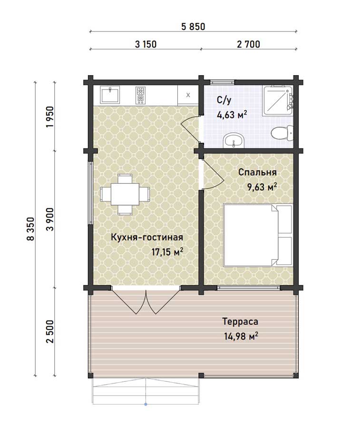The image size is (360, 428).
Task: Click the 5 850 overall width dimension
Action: tap(193, 27)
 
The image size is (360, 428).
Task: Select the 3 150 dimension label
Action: tap(146, 44)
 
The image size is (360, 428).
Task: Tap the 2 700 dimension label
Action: tap(248, 44)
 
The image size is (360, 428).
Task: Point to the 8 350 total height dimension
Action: tap(31, 229)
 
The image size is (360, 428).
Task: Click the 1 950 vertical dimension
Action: tap(50, 117)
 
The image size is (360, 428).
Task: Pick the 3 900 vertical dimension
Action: tap(50, 219)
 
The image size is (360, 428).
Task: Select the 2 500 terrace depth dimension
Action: tap(50, 331)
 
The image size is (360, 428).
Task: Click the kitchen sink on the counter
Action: tap(110, 95)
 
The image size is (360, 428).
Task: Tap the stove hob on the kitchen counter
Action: tap(140, 95)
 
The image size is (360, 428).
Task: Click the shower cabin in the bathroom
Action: tap(278, 100)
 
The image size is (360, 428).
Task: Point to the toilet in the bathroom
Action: tap(282, 133)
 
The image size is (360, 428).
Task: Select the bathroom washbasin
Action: tap(234, 140)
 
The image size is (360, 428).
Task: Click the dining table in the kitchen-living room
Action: tap(125, 195)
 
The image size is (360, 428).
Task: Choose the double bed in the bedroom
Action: tap(258, 235)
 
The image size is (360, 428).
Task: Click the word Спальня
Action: tap(257, 173)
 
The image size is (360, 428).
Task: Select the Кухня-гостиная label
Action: tap(147, 237)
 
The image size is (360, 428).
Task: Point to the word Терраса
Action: tap(240, 321)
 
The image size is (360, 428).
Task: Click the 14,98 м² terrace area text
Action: tap(241, 336)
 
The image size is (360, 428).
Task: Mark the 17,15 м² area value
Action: tap(167, 252)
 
